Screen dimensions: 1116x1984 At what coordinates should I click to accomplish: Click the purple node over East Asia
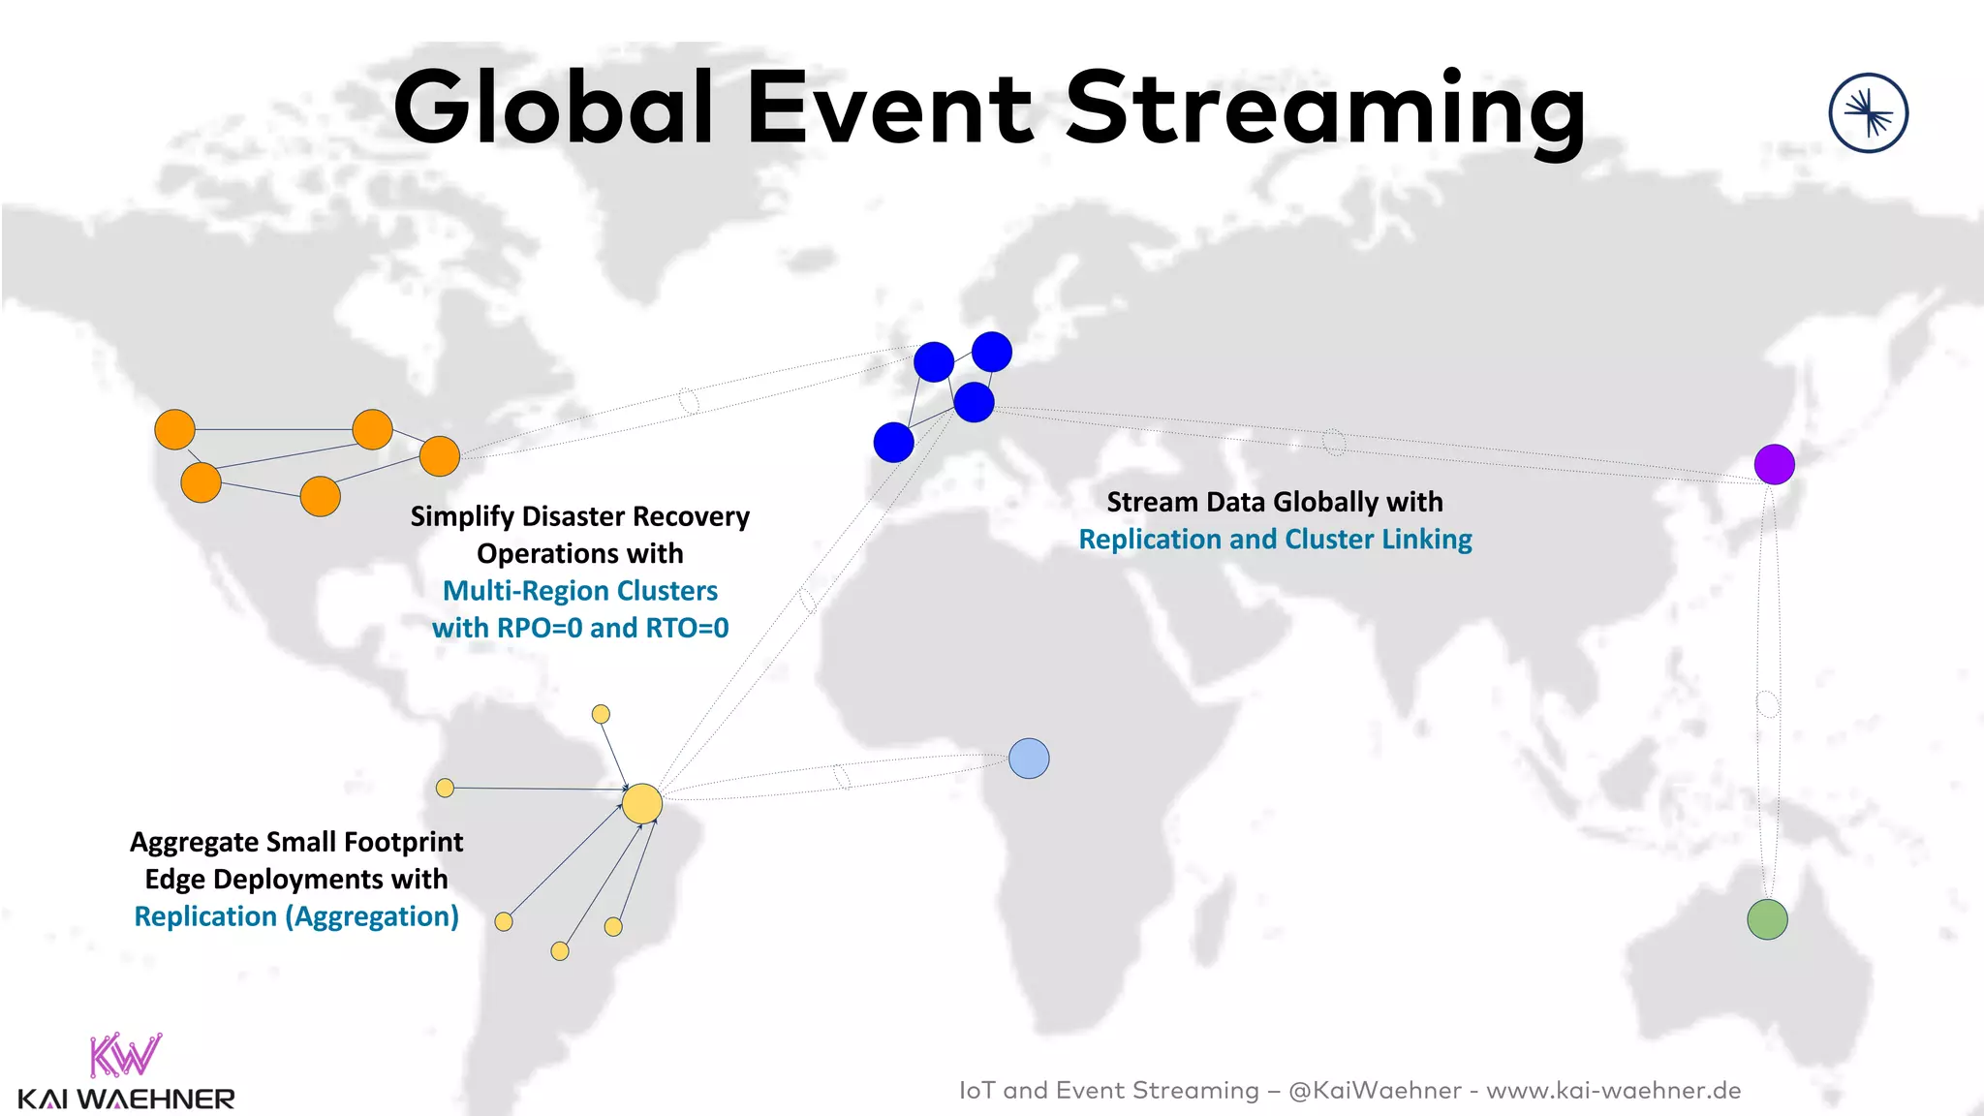[x=1774, y=464]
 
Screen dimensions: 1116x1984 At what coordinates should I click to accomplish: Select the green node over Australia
[x=1767, y=919]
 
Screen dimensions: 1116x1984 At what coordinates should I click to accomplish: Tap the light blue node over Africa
[x=1029, y=759]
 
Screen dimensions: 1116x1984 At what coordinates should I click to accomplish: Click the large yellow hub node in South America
[x=641, y=804]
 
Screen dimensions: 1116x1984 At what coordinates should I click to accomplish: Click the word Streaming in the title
[x=1325, y=108]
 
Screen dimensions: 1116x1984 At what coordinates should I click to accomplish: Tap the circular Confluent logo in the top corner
[x=1868, y=113]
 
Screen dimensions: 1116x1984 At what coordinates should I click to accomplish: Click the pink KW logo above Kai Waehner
[x=125, y=1055]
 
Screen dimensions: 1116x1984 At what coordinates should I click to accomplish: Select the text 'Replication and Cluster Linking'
[x=1275, y=540]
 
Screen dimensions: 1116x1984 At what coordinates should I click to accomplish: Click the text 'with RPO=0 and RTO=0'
[x=580, y=628]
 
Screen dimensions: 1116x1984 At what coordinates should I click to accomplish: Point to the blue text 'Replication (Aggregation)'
[x=296, y=916]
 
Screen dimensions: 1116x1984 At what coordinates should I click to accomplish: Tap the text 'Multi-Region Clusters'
[x=580, y=591]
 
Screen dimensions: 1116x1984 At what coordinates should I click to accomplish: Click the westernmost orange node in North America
[x=174, y=429]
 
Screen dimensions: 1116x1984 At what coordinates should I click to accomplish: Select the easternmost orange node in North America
[x=440, y=456]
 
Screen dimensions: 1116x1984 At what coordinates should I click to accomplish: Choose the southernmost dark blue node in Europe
[x=893, y=443]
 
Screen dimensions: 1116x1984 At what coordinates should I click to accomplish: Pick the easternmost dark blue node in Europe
[x=992, y=352]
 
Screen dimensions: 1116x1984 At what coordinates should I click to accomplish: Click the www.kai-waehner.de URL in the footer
[x=1613, y=1091]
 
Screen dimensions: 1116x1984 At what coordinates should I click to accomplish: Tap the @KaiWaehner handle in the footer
[x=1375, y=1091]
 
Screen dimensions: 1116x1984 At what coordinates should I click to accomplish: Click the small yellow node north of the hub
[x=601, y=714]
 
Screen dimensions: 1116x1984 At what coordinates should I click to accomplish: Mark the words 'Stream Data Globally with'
[x=1275, y=502]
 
